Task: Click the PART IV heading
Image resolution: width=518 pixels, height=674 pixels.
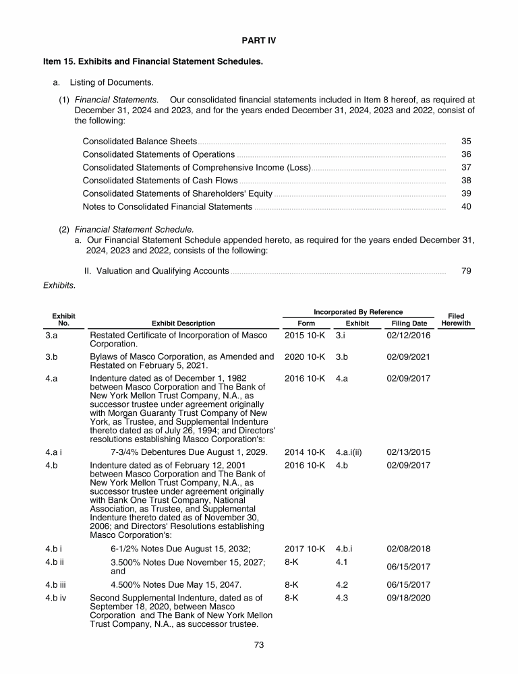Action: click(259, 40)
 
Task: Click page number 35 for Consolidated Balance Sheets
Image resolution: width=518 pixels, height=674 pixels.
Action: click(466, 142)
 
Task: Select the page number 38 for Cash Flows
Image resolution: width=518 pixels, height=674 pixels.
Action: click(466, 181)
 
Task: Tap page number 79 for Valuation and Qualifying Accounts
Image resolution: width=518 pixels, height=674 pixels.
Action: click(466, 271)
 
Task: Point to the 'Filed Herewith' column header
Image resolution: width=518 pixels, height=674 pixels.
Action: click(456, 319)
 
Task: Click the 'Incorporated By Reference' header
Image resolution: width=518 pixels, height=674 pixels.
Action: click(358, 312)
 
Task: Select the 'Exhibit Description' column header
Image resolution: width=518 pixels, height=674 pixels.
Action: click(183, 324)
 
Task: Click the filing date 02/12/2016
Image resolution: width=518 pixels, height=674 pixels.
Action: click(408, 336)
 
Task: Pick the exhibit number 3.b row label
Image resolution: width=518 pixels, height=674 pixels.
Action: click(51, 357)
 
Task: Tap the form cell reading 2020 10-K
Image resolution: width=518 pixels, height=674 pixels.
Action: click(305, 357)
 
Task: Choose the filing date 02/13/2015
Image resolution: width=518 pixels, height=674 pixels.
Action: click(408, 452)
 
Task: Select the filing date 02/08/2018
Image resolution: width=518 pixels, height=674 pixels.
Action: click(408, 549)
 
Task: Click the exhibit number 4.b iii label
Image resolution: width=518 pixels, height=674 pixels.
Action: click(56, 585)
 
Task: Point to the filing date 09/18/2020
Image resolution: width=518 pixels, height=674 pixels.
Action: click(408, 597)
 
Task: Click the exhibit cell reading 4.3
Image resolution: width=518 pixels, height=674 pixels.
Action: click(341, 597)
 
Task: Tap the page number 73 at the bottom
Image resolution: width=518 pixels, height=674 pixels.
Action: click(259, 645)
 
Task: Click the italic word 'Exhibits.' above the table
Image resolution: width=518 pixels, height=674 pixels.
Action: click(59, 286)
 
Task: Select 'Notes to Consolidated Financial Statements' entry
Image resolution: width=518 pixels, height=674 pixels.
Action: click(167, 206)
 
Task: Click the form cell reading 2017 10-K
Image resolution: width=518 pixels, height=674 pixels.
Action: click(305, 549)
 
